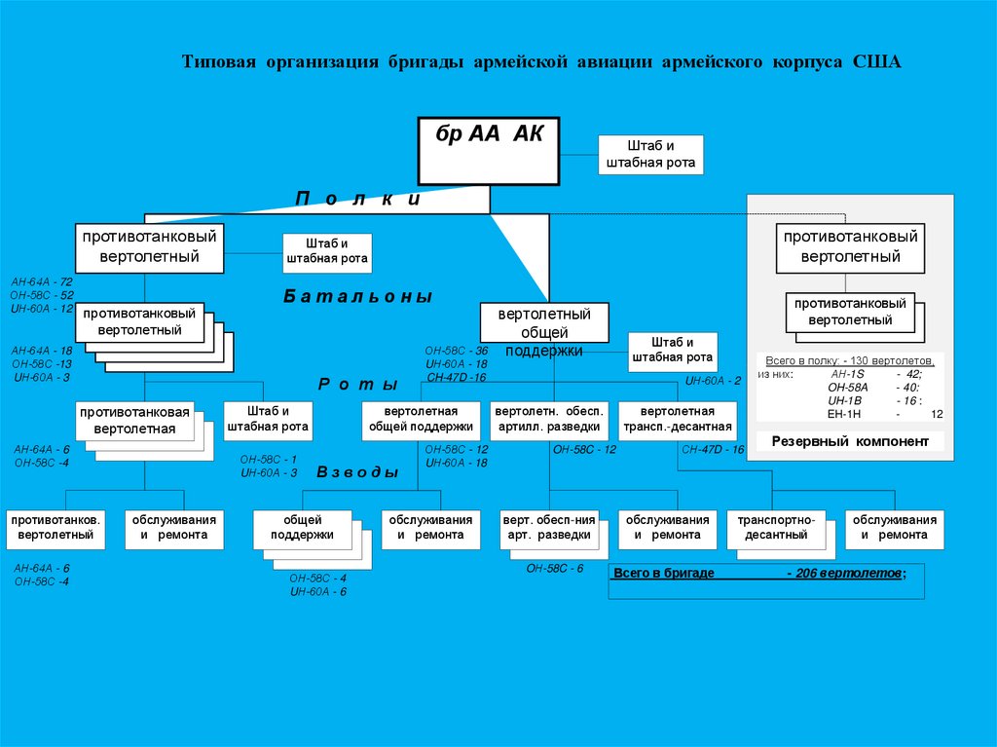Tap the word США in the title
pos(878,62)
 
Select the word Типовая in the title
pos(219,62)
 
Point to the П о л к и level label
pos(357,199)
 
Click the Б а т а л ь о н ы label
pos(358,296)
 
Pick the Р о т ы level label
pos(358,384)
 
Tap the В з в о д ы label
pos(358,472)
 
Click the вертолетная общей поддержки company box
pos(421,419)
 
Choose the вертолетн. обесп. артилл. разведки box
pos(550,419)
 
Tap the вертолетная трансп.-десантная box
pos(678,419)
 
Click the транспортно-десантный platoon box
pos(775,527)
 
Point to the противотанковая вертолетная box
pos(134,420)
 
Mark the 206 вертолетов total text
pos(845,574)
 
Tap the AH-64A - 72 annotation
pos(42,281)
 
